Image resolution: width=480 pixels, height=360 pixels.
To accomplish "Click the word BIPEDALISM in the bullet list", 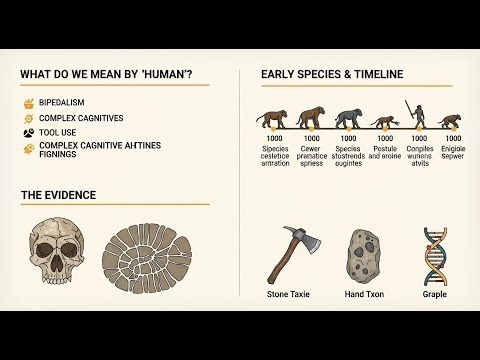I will (69, 103).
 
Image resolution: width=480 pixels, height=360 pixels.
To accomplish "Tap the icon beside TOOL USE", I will (27, 132).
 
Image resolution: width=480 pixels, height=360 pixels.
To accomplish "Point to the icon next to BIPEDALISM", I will (27, 103).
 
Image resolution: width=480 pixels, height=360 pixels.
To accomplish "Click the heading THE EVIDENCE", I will (58, 195).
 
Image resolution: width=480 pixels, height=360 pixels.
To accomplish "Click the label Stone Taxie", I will (290, 295).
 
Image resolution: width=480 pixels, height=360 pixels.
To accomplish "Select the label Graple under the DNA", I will (434, 295).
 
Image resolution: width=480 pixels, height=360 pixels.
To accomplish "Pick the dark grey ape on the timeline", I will (348, 121).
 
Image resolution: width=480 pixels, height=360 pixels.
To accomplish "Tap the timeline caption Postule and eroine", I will (384, 156).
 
